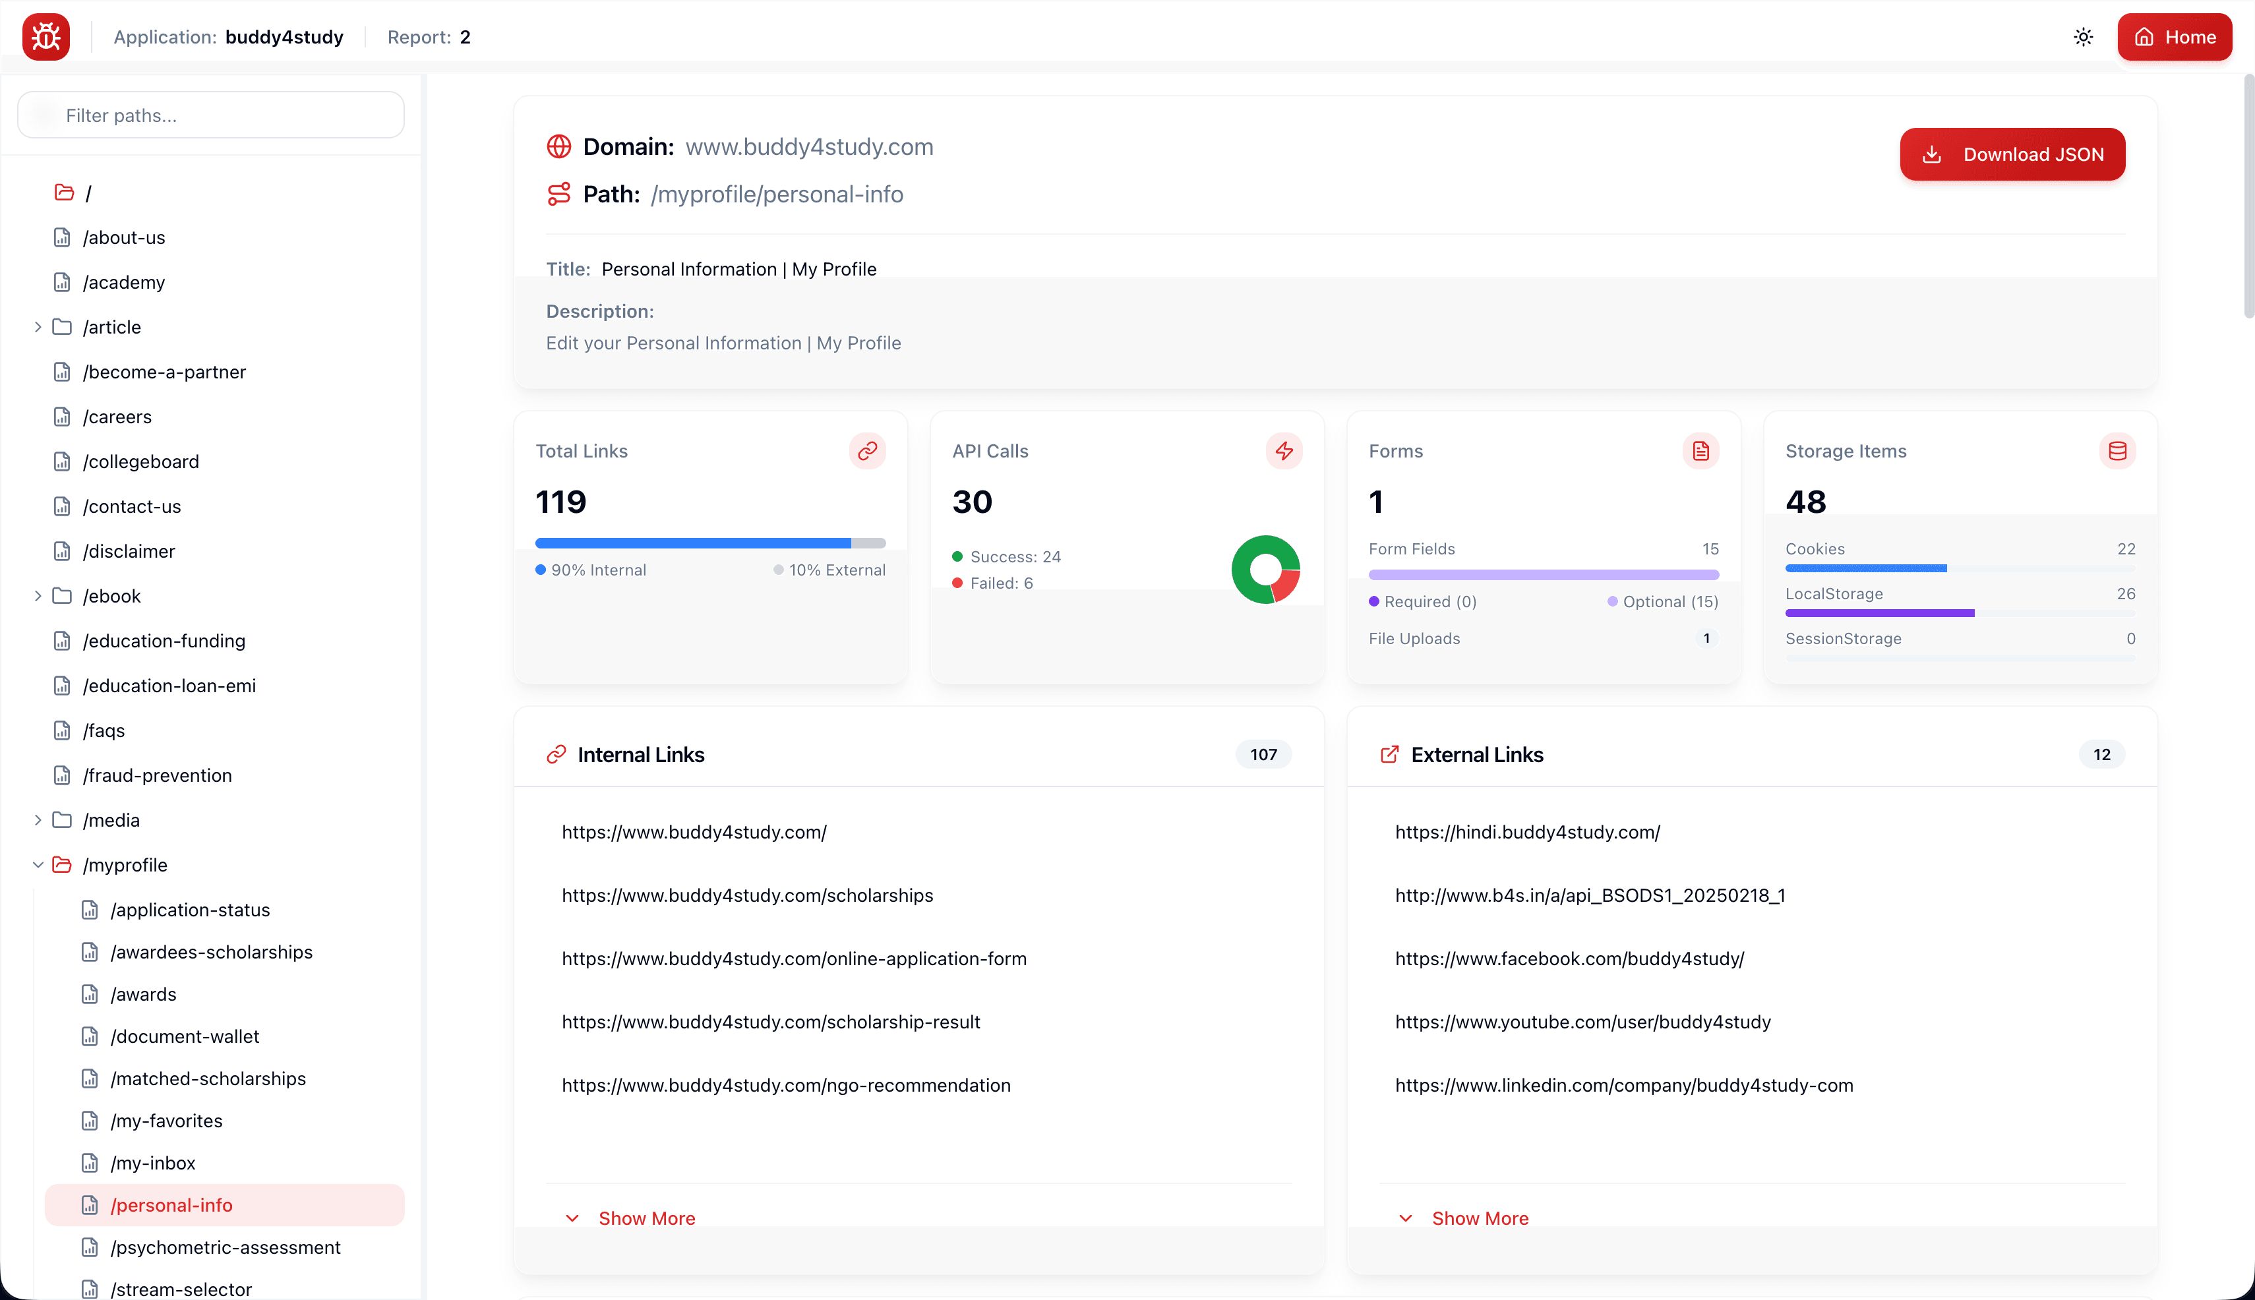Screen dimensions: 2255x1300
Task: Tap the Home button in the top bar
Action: [x=2174, y=37]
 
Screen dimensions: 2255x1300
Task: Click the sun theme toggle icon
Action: [x=2083, y=37]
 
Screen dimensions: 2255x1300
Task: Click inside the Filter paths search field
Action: [x=211, y=115]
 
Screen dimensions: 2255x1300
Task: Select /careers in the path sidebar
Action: [x=116, y=417]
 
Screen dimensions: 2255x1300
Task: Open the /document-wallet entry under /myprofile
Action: [x=184, y=1036]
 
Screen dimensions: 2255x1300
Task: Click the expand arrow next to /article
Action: [x=38, y=327]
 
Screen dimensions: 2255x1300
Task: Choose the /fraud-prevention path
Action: [x=156, y=775]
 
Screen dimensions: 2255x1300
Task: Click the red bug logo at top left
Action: [x=46, y=37]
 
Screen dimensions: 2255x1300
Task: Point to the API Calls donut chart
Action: [x=1265, y=570]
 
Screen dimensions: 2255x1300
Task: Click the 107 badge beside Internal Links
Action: [x=1263, y=754]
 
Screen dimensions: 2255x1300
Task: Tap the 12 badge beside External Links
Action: [x=2101, y=754]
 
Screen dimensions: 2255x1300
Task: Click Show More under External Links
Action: [x=1480, y=1218]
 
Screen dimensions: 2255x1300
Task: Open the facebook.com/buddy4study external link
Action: [x=1569, y=959]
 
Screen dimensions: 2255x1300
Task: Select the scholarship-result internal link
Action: [x=771, y=1022]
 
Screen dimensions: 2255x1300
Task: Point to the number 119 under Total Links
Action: [x=561, y=502]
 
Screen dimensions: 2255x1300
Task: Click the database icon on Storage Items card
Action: [x=2117, y=451]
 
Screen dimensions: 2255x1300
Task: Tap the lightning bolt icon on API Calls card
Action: [x=1283, y=451]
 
